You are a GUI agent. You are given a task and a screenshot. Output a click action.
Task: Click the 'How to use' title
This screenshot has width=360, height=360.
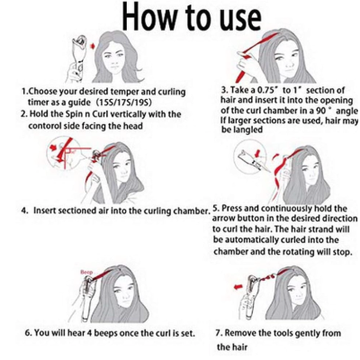click(x=192, y=17)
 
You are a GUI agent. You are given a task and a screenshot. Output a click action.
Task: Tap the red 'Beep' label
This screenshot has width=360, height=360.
click(x=86, y=273)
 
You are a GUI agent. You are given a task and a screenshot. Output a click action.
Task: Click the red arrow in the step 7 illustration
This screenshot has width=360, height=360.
click(x=238, y=287)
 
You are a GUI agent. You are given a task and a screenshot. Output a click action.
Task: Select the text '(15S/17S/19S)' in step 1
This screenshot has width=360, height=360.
click(x=125, y=103)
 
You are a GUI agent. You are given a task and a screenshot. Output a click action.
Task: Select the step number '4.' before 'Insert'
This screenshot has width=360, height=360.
click(x=25, y=211)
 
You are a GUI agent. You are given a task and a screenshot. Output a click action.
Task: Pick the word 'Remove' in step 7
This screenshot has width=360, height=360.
click(x=239, y=333)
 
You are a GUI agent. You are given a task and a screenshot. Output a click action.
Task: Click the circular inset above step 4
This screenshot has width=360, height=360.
click(x=64, y=153)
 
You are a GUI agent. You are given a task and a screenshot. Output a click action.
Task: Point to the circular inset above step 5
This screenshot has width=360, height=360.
click(x=251, y=156)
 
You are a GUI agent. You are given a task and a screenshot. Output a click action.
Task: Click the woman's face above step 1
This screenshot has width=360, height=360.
click(x=116, y=61)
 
